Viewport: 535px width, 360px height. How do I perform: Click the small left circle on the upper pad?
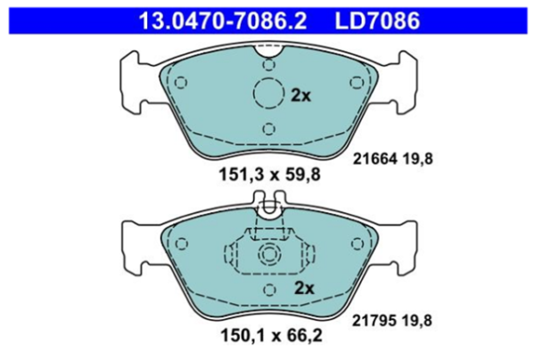point(181,83)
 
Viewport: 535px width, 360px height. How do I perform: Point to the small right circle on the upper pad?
point(357,83)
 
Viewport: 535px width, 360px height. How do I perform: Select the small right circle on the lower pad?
point(357,243)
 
